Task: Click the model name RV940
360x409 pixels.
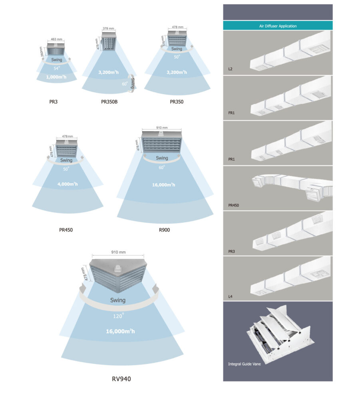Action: click(121, 379)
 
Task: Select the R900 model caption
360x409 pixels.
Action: click(164, 230)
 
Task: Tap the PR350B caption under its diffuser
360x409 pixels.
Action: click(109, 102)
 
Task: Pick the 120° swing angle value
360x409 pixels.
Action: click(117, 315)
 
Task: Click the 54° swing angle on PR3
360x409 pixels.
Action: click(56, 68)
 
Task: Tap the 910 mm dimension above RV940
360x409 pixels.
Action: click(117, 252)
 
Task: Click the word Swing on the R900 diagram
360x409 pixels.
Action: click(162, 158)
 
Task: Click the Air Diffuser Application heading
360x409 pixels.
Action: click(277, 26)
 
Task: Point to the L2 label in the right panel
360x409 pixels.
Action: click(231, 69)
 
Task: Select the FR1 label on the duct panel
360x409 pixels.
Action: click(231, 113)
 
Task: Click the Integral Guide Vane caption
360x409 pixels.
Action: click(244, 364)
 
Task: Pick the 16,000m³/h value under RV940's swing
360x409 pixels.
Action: click(117, 331)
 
